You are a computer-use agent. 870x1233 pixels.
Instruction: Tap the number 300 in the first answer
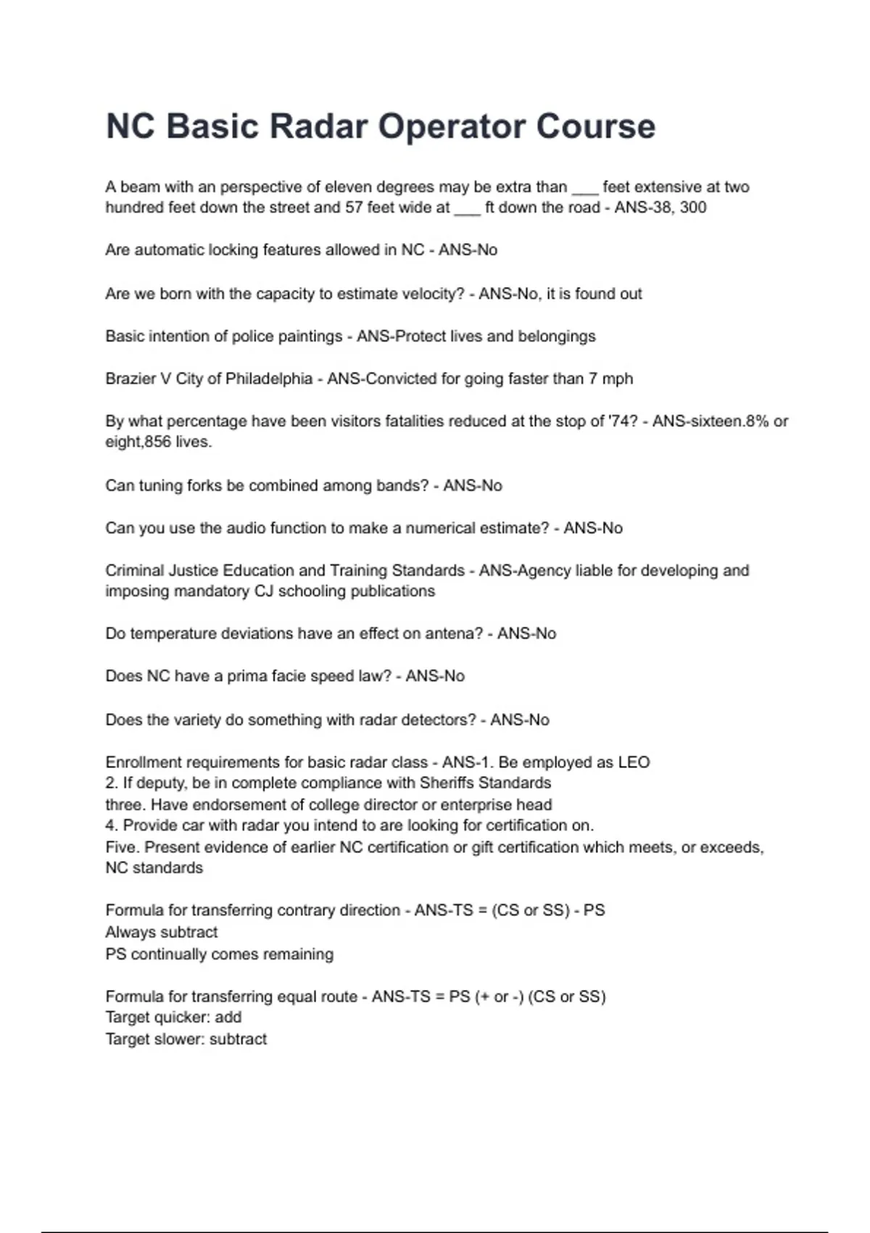(x=693, y=207)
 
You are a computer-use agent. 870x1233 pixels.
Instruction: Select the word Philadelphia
(x=269, y=379)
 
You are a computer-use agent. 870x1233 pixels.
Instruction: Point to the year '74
(x=624, y=421)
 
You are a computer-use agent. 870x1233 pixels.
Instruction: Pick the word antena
(x=455, y=633)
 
